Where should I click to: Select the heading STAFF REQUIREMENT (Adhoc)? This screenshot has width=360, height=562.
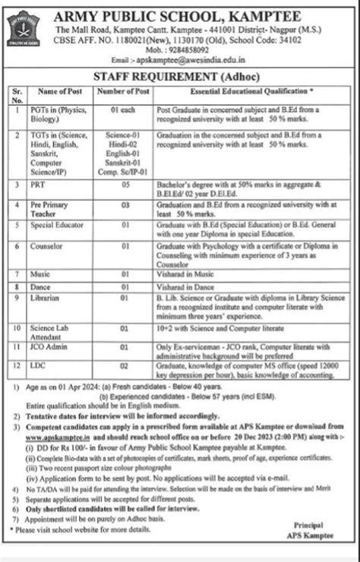click(x=180, y=77)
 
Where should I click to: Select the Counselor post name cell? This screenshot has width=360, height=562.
click(x=48, y=246)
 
